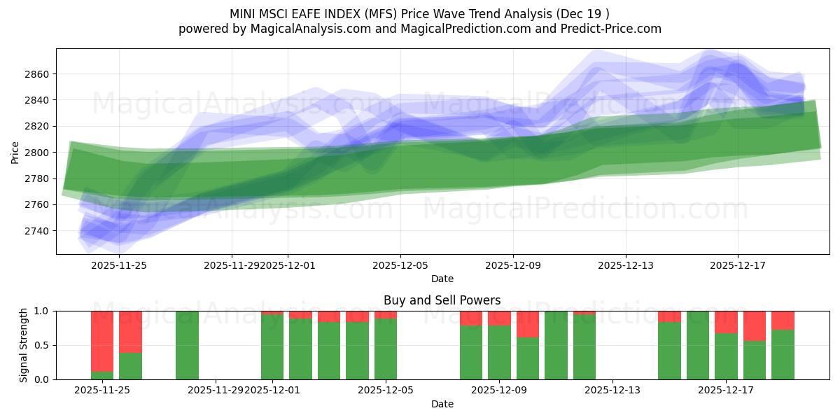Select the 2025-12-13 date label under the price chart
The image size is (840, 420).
click(625, 265)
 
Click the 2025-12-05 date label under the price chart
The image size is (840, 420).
click(400, 265)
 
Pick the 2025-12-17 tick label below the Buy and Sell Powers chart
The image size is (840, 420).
click(726, 391)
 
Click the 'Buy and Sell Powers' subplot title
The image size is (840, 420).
click(442, 300)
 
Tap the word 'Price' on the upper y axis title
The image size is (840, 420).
click(15, 152)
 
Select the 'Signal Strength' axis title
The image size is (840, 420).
click(24, 345)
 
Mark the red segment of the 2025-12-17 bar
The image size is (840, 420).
click(726, 322)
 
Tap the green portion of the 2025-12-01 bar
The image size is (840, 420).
click(272, 346)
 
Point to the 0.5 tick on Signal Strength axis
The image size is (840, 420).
click(41, 345)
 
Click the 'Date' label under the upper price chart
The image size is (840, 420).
click(442, 279)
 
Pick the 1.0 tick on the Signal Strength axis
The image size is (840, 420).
click(41, 311)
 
